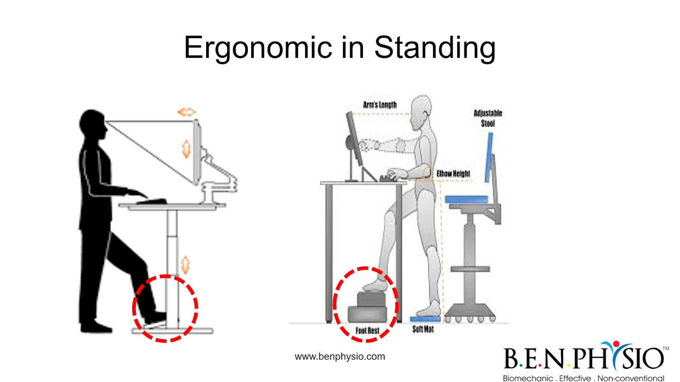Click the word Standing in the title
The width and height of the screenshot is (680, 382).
click(435, 48)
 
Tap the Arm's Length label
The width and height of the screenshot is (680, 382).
click(380, 105)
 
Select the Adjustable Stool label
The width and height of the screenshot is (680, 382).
click(488, 118)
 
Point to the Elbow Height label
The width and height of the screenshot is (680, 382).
click(453, 174)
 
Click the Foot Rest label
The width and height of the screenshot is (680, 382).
click(367, 331)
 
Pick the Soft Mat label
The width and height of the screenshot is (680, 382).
click(423, 329)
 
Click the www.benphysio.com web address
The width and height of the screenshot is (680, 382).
click(340, 357)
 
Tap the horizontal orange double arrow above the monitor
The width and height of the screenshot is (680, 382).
click(187, 112)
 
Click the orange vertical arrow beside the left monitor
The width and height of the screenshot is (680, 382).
click(186, 149)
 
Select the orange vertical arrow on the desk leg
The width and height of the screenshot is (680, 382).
click(185, 265)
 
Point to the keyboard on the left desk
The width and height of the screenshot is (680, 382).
click(151, 201)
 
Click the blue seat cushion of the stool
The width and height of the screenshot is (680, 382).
click(466, 199)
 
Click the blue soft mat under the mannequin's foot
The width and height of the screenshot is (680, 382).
click(425, 319)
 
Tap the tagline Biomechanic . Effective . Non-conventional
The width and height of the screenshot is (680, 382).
click(584, 378)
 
